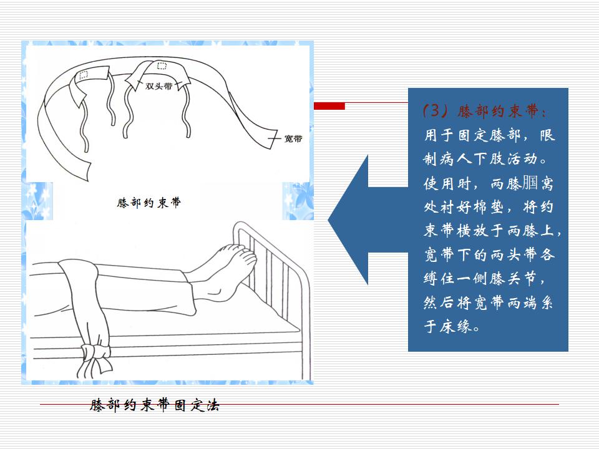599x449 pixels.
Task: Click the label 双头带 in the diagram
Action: point(159,86)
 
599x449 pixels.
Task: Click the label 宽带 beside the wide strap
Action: point(293,138)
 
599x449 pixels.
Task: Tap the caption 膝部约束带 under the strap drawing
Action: point(149,202)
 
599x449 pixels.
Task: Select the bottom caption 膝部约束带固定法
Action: point(155,405)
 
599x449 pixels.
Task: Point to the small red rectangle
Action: point(329,106)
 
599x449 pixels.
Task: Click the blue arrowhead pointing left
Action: point(348,220)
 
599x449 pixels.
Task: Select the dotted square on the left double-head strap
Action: point(83,75)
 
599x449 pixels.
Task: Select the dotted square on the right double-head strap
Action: point(162,66)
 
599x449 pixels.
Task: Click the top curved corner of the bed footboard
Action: point(238,226)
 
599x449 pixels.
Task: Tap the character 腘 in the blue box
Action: point(530,183)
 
